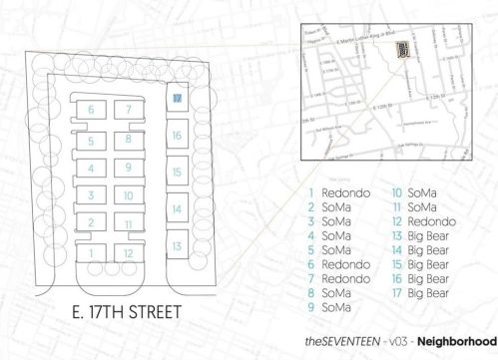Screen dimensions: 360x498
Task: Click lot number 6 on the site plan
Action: [x=91, y=109]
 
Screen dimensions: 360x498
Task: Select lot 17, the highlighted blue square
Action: [x=176, y=99]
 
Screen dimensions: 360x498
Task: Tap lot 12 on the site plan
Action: [x=129, y=252]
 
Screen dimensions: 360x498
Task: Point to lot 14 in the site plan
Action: [x=176, y=209]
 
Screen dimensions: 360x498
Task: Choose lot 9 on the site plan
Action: [x=129, y=167]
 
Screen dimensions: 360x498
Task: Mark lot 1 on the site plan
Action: [x=91, y=252]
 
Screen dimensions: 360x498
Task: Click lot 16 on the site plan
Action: [x=176, y=135]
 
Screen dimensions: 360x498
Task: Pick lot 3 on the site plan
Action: [x=91, y=195]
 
